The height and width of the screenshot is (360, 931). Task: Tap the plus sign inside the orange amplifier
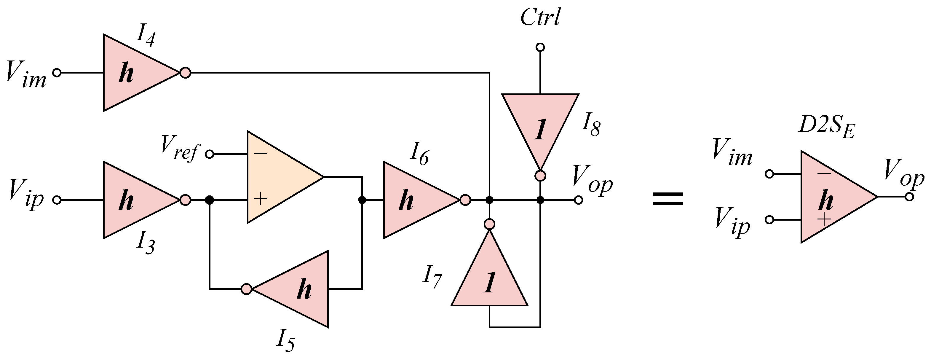click(x=260, y=199)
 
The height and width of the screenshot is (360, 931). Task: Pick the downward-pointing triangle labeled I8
click(x=540, y=125)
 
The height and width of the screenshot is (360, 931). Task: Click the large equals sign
click(x=668, y=199)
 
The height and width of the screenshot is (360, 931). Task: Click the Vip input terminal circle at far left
click(x=57, y=200)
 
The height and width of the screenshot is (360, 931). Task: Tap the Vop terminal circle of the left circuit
click(x=578, y=200)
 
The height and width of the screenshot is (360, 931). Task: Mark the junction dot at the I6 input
click(x=362, y=200)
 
